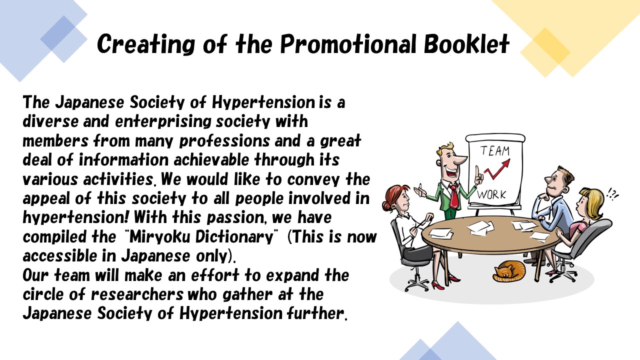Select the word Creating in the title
coord(146,44)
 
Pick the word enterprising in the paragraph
coord(163,121)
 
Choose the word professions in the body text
coord(224,141)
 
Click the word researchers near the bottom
coord(137,294)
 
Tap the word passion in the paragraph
coord(235,217)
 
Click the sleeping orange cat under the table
coord(508,270)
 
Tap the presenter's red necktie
coord(453,196)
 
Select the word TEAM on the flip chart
coord(495,150)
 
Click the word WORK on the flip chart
coord(491,194)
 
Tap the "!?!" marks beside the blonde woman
coord(612,194)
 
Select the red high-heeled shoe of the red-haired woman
coord(437,285)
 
